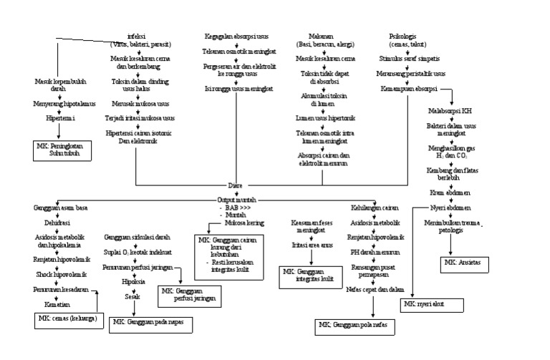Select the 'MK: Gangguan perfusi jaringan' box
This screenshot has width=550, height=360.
[x=188, y=295]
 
